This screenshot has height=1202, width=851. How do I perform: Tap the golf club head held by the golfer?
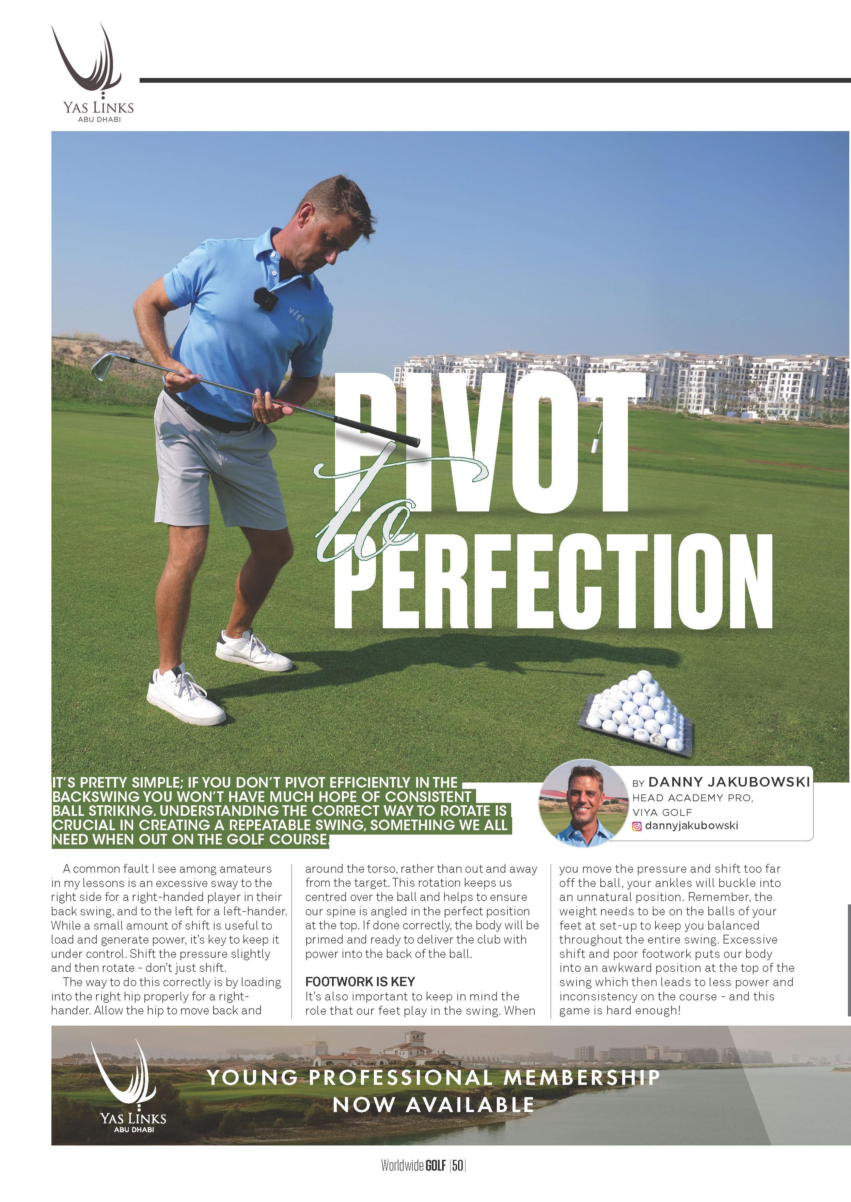[x=103, y=366]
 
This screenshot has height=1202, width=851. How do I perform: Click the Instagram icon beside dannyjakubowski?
[x=637, y=826]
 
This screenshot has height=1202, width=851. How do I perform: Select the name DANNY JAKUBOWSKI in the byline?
[x=728, y=782]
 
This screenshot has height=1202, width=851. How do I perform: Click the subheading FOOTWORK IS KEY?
[x=360, y=981]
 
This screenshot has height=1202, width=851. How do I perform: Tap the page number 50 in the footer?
[x=457, y=1180]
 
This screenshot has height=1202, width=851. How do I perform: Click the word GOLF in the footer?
[x=436, y=1180]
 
